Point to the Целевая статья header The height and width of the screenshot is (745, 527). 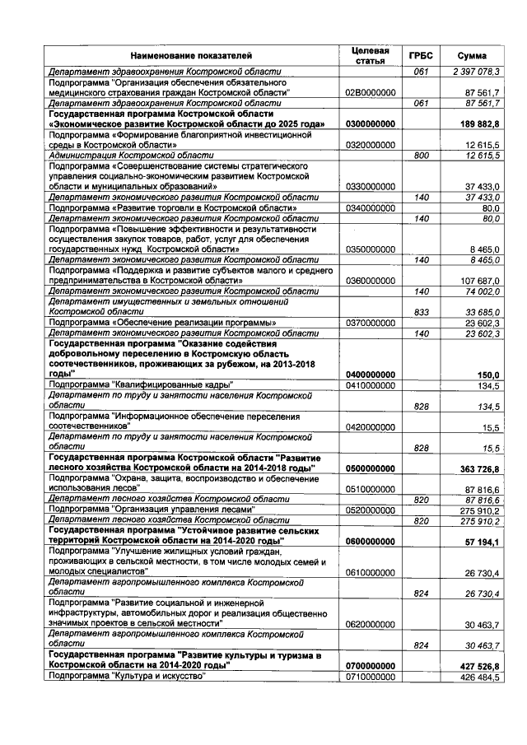click(370, 54)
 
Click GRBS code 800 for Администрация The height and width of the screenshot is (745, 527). click(422, 154)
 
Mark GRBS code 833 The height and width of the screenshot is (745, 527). click(422, 312)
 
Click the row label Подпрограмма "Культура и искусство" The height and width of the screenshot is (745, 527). click(127, 676)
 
